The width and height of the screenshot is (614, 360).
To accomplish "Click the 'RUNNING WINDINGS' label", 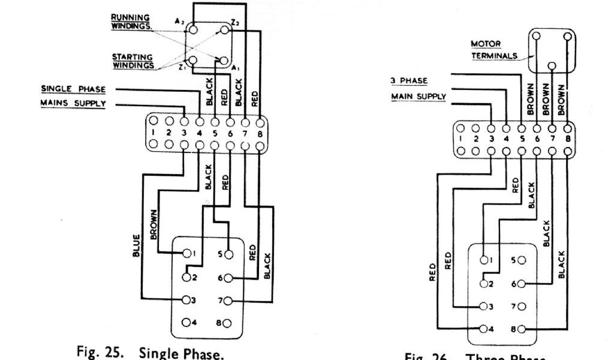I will click(x=131, y=21).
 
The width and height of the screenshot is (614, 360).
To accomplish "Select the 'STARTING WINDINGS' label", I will click(x=132, y=61).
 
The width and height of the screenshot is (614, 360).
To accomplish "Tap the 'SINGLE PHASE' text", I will click(x=73, y=89).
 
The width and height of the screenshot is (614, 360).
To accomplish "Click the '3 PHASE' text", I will click(x=410, y=81).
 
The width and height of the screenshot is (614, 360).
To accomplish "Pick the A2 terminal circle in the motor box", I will click(x=192, y=28).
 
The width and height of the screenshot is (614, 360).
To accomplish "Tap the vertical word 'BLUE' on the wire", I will click(x=137, y=245).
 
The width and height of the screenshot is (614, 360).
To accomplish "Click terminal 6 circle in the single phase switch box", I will click(x=228, y=278).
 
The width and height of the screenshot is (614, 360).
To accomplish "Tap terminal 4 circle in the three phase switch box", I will click(x=483, y=329).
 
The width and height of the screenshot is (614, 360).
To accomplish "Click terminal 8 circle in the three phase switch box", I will click(x=520, y=329).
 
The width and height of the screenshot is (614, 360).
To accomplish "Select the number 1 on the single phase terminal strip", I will click(x=154, y=133).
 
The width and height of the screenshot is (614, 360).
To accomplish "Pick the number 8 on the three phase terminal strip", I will click(x=568, y=137).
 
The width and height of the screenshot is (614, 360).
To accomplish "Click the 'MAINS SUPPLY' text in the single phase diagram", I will click(x=73, y=104).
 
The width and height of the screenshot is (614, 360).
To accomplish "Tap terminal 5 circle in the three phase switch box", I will click(x=520, y=260).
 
